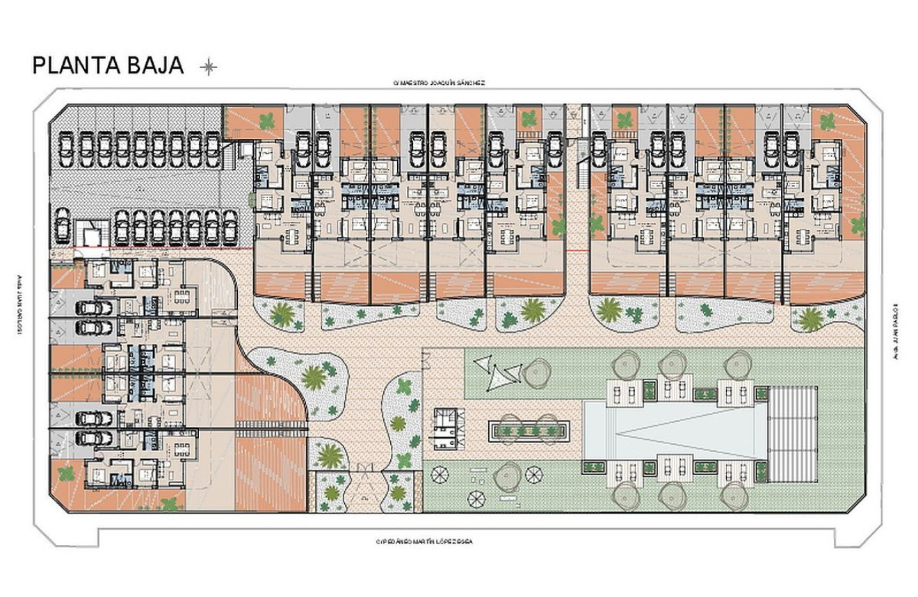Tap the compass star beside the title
click(x=209, y=67)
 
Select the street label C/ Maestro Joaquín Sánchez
click(x=439, y=83)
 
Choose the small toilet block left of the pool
click(x=446, y=431)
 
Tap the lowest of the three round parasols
click(x=476, y=498)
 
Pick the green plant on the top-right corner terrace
click(x=827, y=123)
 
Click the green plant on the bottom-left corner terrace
click(x=66, y=474)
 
